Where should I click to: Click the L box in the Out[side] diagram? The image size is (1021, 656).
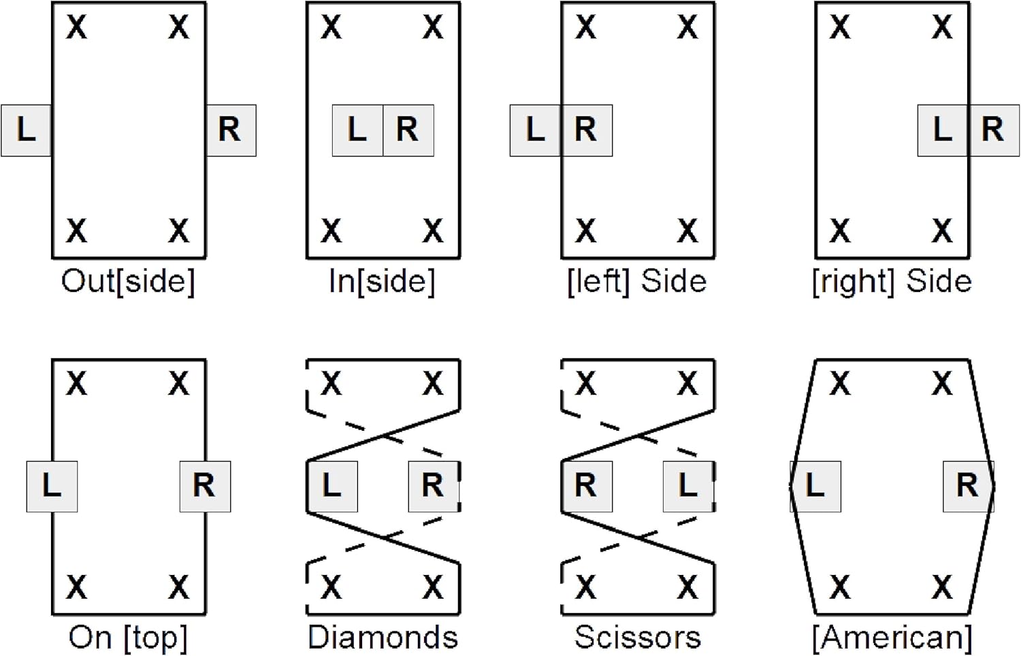pos(26,130)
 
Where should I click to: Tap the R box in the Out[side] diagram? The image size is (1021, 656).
pos(231,130)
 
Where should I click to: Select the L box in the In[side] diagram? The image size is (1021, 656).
pos(358,130)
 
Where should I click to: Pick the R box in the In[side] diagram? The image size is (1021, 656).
pos(408,130)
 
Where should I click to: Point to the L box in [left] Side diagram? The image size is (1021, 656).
pos(536,130)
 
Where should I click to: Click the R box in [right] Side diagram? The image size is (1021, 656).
pos(994,130)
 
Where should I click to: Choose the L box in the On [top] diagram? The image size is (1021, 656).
pos(52,487)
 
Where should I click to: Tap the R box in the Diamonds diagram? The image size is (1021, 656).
pos(434,487)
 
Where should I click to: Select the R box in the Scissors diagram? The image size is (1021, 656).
pos(587,487)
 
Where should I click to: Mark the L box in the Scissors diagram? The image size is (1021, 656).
pos(688,487)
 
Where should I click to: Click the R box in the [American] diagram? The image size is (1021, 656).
pos(968,487)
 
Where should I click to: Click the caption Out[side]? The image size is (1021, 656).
pos(128,282)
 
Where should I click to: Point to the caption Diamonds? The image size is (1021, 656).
pos(383,638)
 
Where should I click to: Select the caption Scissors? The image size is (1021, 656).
pos(638,638)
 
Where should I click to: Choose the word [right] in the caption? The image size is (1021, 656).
pos(854,282)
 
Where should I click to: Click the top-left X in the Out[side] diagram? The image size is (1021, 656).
pos(76,27)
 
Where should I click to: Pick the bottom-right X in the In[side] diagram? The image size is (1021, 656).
pos(433,231)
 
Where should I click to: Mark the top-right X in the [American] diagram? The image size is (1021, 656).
pos(942,384)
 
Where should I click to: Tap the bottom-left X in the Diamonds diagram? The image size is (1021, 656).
pos(331,588)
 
